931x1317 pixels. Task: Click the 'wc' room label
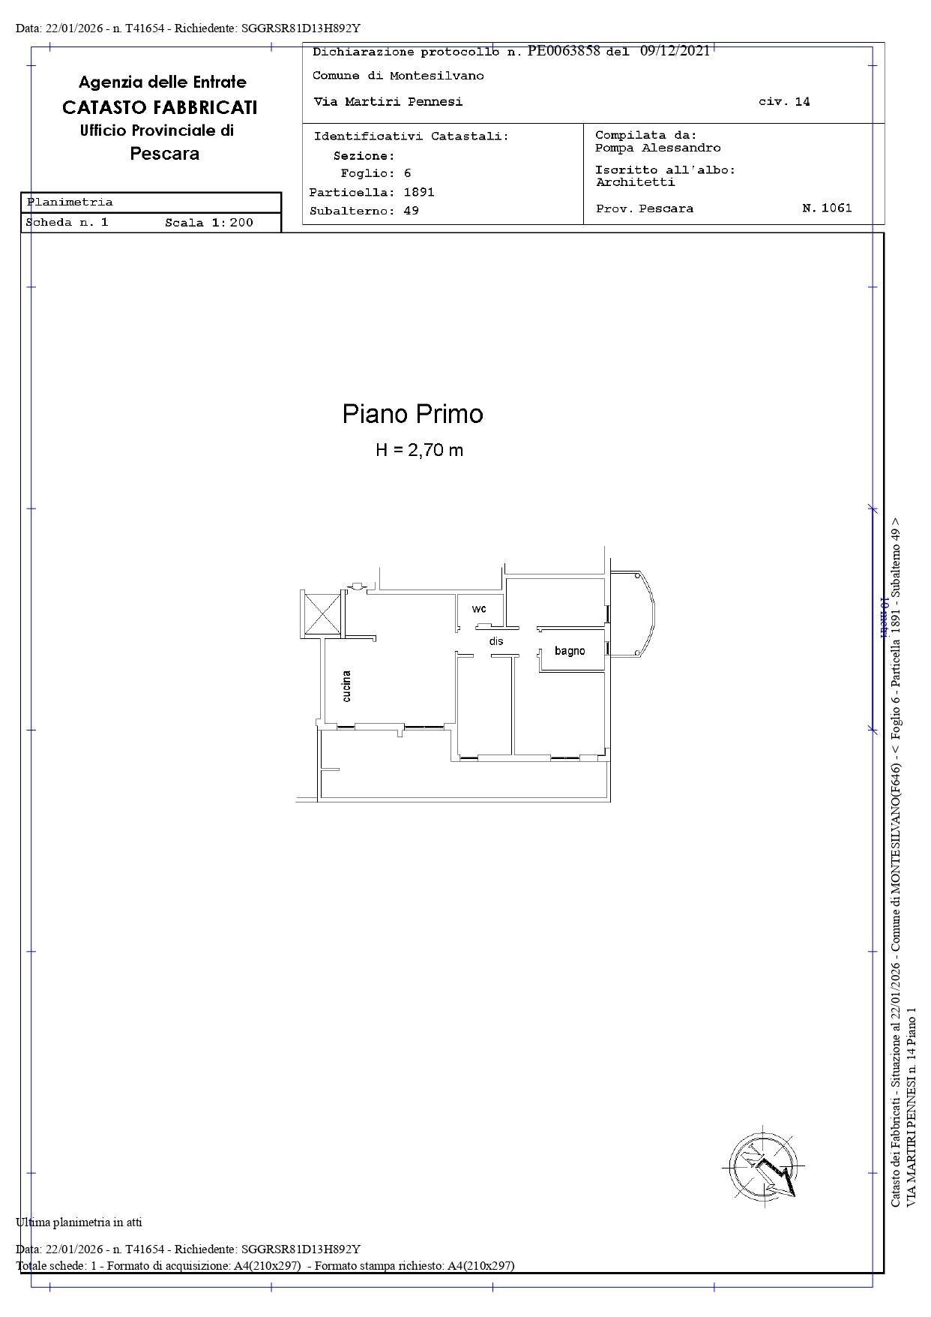(x=479, y=608)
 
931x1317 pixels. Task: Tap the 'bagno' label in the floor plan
(x=570, y=650)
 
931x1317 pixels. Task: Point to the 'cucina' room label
(x=346, y=685)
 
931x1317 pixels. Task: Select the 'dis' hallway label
(x=496, y=641)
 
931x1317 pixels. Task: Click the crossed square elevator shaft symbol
(x=321, y=613)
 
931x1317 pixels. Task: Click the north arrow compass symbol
(x=764, y=1168)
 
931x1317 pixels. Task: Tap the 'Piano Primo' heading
(x=412, y=414)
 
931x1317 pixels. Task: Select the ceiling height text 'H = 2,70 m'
(x=419, y=450)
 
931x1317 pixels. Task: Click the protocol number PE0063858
(x=564, y=51)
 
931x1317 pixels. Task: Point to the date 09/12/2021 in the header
(x=675, y=51)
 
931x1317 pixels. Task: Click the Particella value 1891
(x=419, y=192)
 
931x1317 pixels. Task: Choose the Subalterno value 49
(x=411, y=211)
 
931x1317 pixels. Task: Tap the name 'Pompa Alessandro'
(x=657, y=148)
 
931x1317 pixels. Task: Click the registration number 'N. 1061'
(x=827, y=208)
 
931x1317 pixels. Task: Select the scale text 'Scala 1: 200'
(x=209, y=223)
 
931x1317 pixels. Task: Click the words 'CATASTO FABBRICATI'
(x=160, y=107)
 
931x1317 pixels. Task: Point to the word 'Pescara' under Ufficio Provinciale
(x=164, y=154)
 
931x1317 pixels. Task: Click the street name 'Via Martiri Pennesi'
(x=388, y=102)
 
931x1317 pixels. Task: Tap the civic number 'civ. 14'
(x=784, y=102)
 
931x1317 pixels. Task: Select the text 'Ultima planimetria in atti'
(x=79, y=1222)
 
